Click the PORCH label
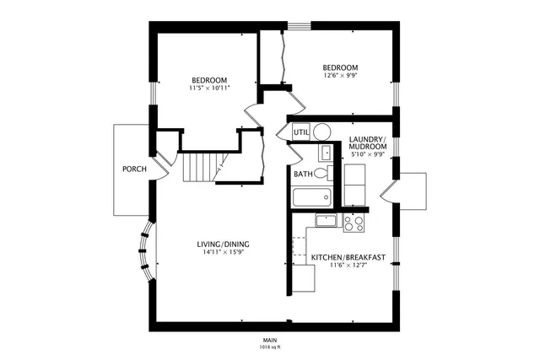click(134, 169)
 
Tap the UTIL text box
click(301, 132)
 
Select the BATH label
click(303, 175)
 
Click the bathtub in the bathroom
click(311, 198)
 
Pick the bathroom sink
click(325, 153)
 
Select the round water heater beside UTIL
click(321, 132)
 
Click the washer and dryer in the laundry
click(354, 183)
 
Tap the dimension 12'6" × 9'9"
click(340, 77)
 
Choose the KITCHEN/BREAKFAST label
click(348, 257)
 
